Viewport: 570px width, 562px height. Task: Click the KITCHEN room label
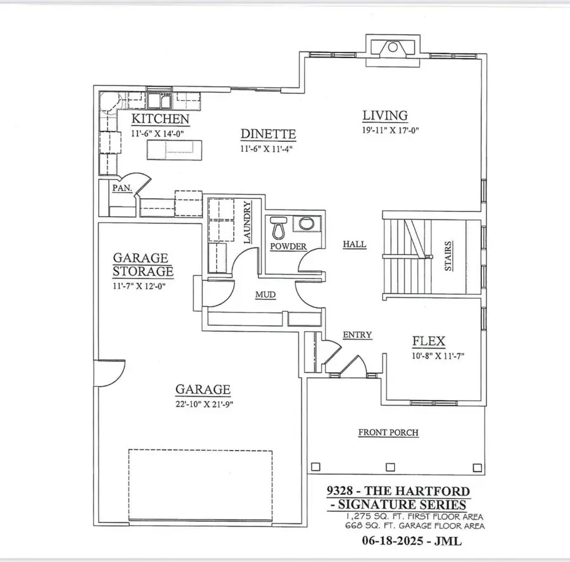(160, 119)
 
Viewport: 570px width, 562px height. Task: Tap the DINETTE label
(269, 134)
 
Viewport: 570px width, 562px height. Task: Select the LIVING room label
(384, 116)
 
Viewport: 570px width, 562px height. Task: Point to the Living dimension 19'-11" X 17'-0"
(391, 130)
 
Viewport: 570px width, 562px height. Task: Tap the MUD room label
(265, 294)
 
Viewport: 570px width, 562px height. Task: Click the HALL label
(354, 244)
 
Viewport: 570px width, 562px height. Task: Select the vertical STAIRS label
(448, 256)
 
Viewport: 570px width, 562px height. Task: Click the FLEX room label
(429, 342)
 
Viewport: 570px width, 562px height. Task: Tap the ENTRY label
(357, 335)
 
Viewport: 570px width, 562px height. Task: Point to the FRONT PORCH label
(388, 433)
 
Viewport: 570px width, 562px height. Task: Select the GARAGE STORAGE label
(142, 265)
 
